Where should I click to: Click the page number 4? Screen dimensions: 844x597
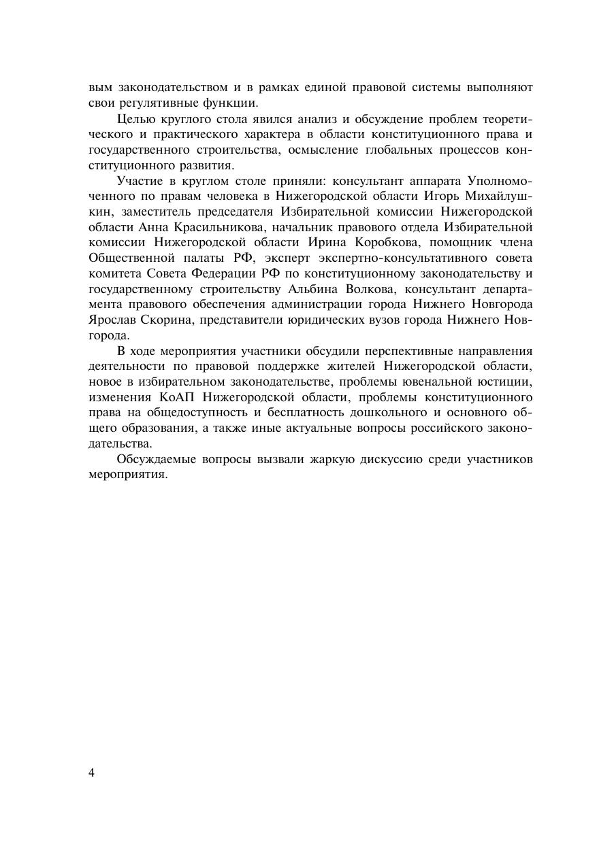(x=92, y=772)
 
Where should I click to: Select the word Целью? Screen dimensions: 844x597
(x=133, y=120)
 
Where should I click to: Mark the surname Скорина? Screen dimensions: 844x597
(x=168, y=319)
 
